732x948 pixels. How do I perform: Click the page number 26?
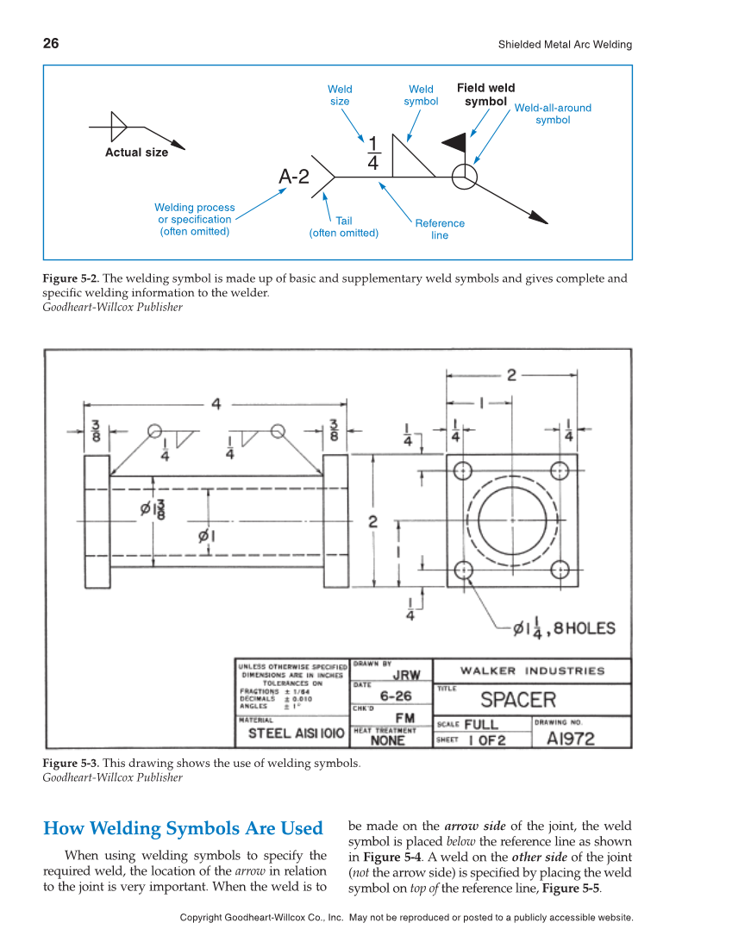pyautogui.click(x=51, y=43)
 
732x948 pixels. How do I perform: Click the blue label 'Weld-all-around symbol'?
pyautogui.click(x=553, y=114)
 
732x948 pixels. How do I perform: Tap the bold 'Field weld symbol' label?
pyautogui.click(x=485, y=94)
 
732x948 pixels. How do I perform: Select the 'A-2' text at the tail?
pyautogui.click(x=293, y=177)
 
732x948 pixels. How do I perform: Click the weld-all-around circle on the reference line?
pyautogui.click(x=465, y=177)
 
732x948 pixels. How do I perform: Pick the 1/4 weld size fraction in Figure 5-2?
pyautogui.click(x=372, y=153)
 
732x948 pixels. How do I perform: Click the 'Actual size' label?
pyautogui.click(x=136, y=153)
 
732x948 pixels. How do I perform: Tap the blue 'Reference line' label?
pyautogui.click(x=440, y=228)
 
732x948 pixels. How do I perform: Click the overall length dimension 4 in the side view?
pyautogui.click(x=216, y=403)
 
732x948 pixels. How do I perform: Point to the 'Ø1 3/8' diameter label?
pyautogui.click(x=153, y=508)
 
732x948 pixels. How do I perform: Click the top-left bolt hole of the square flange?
pyautogui.click(x=464, y=471)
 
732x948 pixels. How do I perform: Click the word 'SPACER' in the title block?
pyautogui.click(x=518, y=700)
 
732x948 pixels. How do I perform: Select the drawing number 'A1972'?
pyautogui.click(x=570, y=739)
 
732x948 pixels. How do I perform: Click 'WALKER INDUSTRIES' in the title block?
pyautogui.click(x=532, y=670)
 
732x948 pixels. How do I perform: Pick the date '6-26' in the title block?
pyautogui.click(x=396, y=696)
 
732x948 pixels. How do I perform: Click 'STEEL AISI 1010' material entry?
pyautogui.click(x=296, y=733)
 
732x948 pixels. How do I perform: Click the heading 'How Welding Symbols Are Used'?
pyautogui.click(x=183, y=828)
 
